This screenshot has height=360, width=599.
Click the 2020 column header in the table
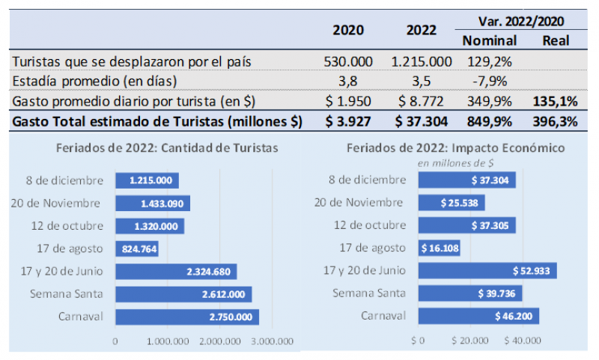pos(348,31)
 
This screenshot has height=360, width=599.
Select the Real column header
pos(556,40)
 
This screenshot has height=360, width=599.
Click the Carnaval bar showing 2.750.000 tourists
pos(186,317)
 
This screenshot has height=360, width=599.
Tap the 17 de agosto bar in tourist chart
pos(137,248)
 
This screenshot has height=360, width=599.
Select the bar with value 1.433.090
pos(152,203)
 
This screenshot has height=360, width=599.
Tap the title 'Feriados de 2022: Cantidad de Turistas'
pos(168,148)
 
